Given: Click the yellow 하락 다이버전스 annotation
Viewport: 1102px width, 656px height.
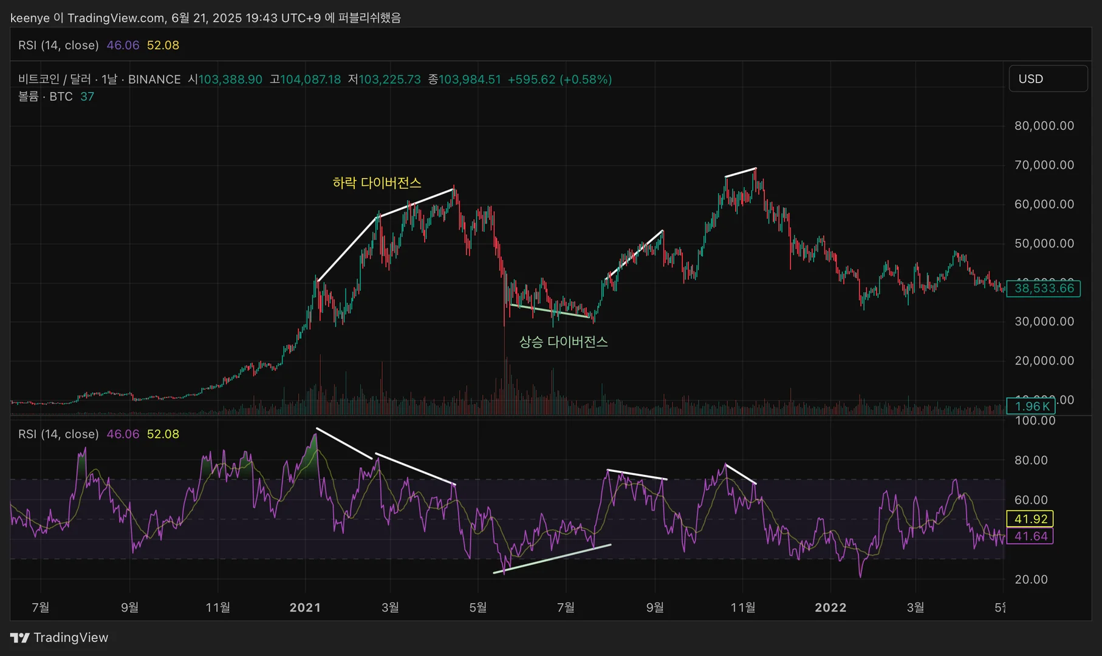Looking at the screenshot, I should point(377,183).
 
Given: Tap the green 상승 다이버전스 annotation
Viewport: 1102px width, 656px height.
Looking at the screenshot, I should point(563,342).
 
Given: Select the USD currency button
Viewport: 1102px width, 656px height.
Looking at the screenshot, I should point(1047,79).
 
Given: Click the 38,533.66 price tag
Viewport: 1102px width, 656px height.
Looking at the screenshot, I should point(1043,289).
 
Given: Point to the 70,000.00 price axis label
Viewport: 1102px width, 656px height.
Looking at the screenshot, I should point(1044,165).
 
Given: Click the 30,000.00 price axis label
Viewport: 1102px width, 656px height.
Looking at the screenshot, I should point(1044,322).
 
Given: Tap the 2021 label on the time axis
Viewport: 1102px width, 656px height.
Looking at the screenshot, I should point(305,607).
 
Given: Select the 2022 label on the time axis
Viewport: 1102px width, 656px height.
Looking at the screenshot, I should point(830,607).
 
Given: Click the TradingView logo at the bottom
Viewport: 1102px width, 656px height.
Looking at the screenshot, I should point(59,637).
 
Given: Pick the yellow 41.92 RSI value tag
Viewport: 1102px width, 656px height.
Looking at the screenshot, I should point(1030,519).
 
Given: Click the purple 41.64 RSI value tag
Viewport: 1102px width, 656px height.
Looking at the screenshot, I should point(1030,536).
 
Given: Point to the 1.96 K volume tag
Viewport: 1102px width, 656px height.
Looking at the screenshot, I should point(1031,406).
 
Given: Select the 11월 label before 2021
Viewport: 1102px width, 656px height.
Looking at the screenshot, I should point(217,607).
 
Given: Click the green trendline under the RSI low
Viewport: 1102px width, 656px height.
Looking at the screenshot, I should point(553,558).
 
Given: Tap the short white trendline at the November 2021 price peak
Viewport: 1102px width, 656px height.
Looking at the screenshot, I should point(741,173).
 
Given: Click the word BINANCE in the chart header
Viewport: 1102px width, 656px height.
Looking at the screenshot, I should point(154,80).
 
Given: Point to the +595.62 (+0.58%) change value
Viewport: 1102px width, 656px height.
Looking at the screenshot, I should point(560,80).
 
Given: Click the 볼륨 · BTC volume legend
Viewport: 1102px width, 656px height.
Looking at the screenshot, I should point(46,97).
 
